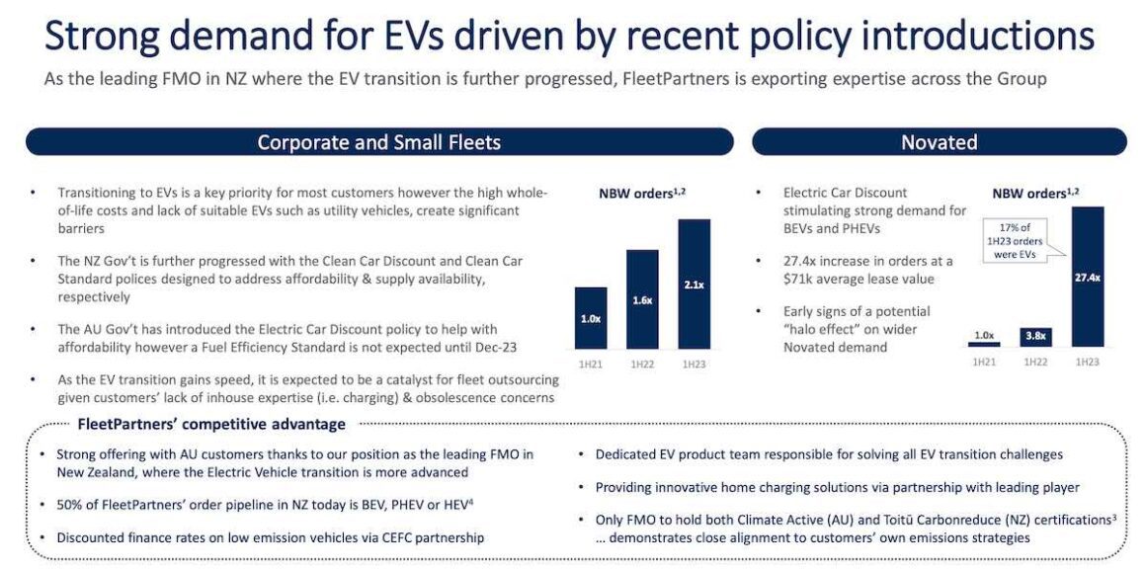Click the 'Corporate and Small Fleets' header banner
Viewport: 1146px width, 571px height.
point(378,142)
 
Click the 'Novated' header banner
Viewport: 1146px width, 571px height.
point(939,142)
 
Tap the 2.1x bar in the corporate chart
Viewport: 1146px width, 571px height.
point(694,284)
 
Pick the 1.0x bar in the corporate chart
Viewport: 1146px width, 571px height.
point(590,317)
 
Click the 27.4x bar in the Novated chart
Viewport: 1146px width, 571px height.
point(1087,277)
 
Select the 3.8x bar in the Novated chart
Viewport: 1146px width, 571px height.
point(1035,337)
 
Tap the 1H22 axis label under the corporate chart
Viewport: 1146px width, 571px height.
point(642,364)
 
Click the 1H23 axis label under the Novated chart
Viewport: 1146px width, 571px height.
point(1087,363)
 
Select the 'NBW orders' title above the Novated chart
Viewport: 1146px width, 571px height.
point(1033,194)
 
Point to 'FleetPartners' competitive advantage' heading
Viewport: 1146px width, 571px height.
point(211,425)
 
